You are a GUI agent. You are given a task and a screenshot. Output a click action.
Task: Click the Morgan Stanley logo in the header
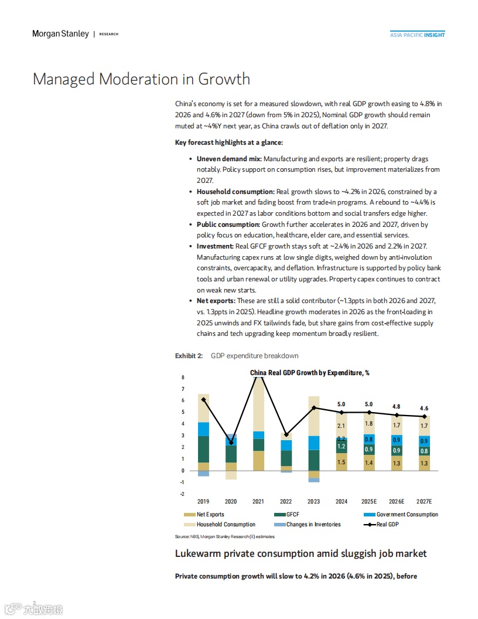pos(60,34)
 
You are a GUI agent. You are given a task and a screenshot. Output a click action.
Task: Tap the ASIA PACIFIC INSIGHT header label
pos(417,35)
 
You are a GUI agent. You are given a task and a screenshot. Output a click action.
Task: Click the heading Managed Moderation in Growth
pos(141,79)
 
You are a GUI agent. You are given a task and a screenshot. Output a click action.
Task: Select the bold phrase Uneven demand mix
pos(228,159)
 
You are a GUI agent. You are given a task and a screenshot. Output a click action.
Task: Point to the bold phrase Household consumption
pos(235,192)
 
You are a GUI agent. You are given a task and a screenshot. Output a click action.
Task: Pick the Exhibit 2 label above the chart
pos(189,356)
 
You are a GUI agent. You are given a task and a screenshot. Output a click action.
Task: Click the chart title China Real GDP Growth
pos(309,373)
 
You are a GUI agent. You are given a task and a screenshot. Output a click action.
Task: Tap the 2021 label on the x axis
pos(258,502)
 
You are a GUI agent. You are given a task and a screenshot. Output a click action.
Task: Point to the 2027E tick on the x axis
pos(424,502)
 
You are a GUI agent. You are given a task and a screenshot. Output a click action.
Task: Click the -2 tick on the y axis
pos(182,494)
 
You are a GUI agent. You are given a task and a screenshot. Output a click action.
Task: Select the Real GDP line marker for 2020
pos(231,443)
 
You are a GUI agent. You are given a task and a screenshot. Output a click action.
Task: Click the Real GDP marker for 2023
pos(314,407)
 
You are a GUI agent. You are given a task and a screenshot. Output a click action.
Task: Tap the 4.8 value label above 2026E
pos(397,406)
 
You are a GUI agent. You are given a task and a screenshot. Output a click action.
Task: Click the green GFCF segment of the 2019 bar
pos(203,449)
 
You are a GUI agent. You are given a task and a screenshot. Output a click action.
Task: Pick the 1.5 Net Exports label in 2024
pos(342,462)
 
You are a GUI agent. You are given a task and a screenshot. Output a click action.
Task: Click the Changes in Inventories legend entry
pos(313,524)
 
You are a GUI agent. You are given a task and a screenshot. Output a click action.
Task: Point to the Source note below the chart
pos(225,536)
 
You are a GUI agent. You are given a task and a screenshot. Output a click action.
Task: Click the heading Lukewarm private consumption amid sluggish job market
pos(301,554)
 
